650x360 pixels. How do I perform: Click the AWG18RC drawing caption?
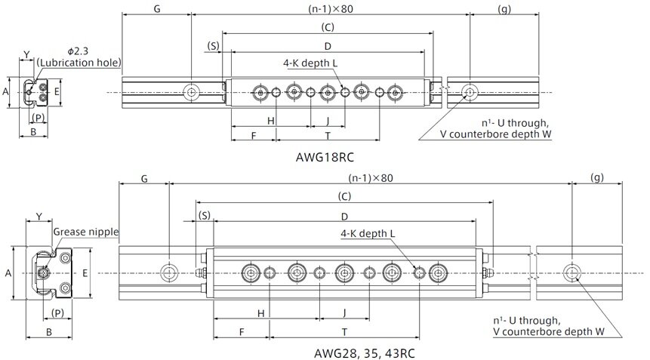tap(326, 158)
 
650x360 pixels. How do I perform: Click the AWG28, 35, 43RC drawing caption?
tap(365, 352)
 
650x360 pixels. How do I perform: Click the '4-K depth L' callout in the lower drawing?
tap(368, 234)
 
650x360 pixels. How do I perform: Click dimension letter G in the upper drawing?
tap(156, 9)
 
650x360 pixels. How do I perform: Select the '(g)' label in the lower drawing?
tap(596, 178)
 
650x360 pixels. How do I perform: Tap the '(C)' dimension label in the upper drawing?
tap(328, 27)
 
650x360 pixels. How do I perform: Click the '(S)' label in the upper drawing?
tap(214, 46)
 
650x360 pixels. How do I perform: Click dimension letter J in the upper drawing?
tap(327, 120)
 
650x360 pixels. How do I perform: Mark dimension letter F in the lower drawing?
tap(242, 331)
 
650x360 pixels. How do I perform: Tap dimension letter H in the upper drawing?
tap(270, 120)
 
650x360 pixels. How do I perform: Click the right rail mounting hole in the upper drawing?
tap(470, 92)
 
